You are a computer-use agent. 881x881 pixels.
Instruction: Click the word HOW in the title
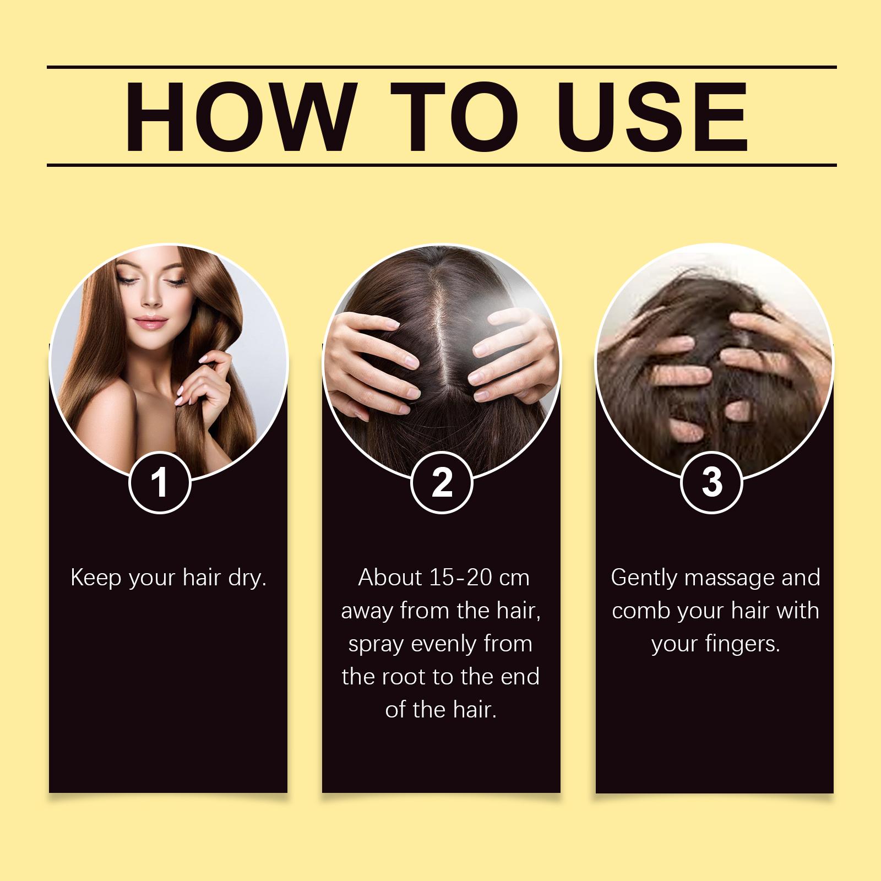pos(238,117)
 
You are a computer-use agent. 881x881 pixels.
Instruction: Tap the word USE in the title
pos(655,117)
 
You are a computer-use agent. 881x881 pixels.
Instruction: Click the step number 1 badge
pos(160,483)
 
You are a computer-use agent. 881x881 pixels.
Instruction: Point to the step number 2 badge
pos(442,483)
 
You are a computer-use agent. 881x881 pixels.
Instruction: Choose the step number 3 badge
pos(712,482)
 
